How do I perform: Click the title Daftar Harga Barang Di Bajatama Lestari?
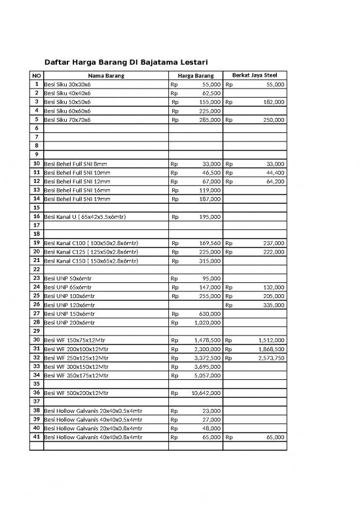125,63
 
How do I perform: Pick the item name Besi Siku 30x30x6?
67,85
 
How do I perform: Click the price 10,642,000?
206,393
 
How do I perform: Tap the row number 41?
37,435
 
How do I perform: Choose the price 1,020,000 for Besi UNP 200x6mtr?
207,322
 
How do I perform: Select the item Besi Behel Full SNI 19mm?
77,198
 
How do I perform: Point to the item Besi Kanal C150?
91,261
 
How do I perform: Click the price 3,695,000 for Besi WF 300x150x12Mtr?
207,367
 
